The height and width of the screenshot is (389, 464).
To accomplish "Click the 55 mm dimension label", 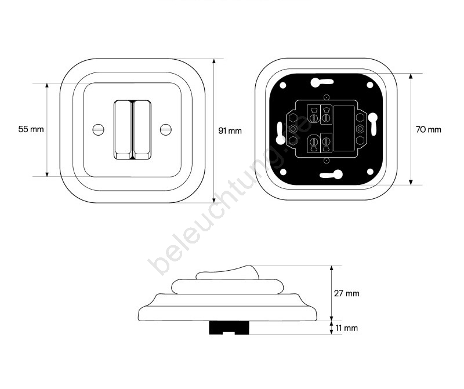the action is coord(31,129).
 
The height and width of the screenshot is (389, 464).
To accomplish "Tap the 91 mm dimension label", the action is coord(230,131).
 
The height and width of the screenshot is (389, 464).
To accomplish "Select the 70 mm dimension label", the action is coord(428,129).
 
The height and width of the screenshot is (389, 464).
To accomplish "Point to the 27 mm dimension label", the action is coord(346,293).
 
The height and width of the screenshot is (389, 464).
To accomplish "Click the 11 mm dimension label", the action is coord(346,328).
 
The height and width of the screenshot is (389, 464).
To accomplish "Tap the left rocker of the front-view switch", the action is coord(123,130).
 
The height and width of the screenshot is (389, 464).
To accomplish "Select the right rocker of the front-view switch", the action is coord(142,130).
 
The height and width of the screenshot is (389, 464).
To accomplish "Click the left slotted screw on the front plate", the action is coord(99,129).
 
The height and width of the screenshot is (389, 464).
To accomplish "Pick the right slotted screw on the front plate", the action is coord(166,129).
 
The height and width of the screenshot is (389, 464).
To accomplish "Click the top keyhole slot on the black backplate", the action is coord(322,82).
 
